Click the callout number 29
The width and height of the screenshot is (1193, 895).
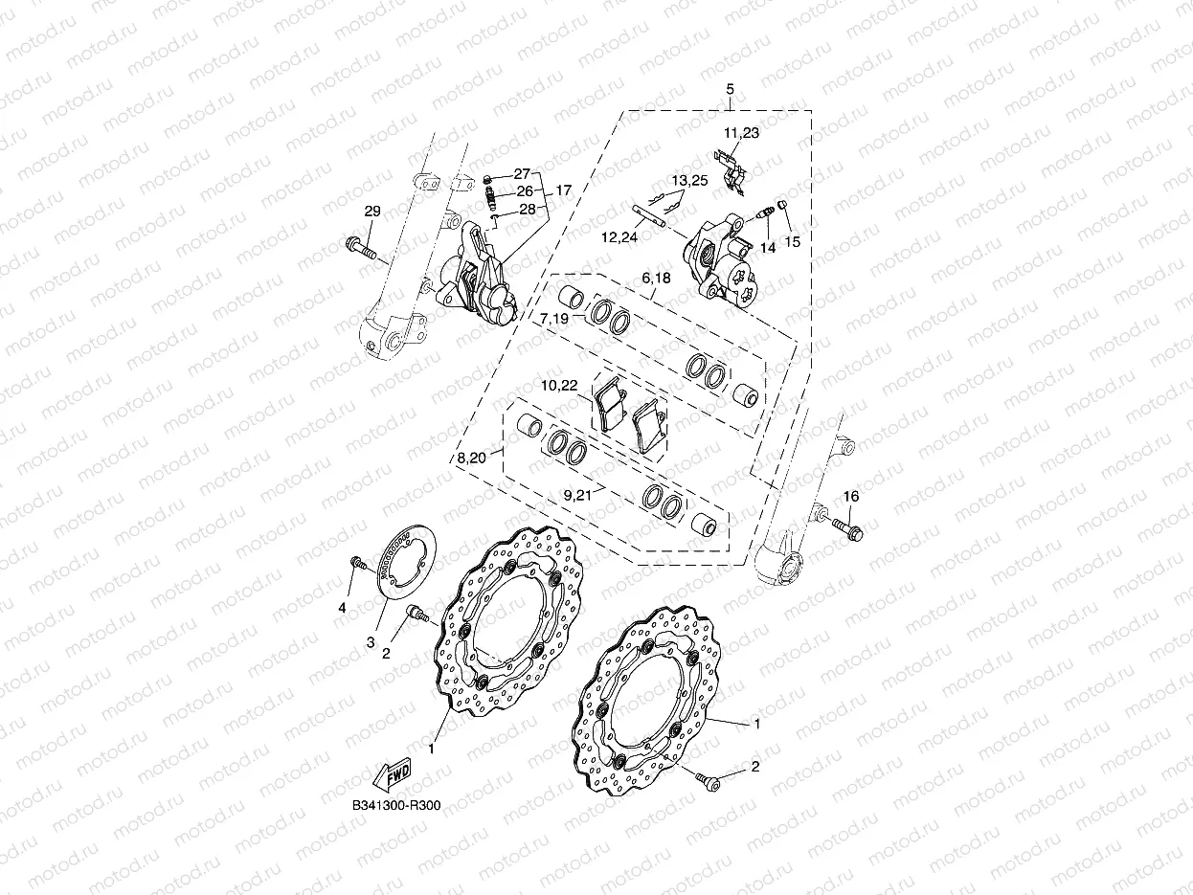(372, 211)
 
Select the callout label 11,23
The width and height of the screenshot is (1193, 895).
(741, 133)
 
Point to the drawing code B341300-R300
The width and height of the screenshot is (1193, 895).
(395, 806)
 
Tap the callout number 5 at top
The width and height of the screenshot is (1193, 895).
(730, 89)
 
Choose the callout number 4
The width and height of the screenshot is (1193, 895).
(341, 607)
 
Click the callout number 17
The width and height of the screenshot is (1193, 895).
(563, 190)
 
